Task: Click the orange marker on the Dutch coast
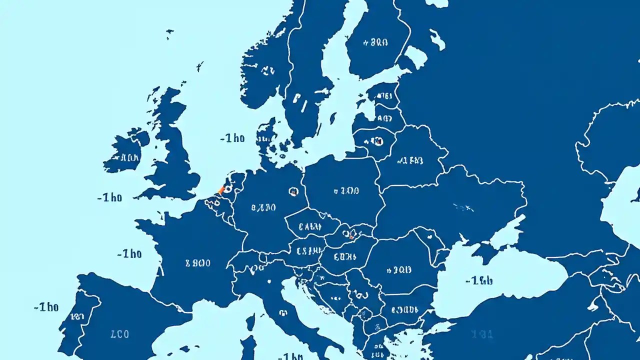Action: (x=221, y=190)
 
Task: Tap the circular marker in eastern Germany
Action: (x=293, y=191)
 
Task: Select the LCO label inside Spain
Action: (x=119, y=334)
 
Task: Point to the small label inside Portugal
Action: (x=77, y=316)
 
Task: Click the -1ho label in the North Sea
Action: (x=232, y=138)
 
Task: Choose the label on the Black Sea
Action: (x=478, y=280)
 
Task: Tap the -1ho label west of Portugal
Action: (x=46, y=307)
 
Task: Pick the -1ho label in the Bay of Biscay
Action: (x=129, y=254)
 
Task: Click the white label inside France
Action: (x=198, y=263)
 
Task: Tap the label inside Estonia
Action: (x=382, y=97)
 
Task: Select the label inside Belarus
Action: (x=410, y=160)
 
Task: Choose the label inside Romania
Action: (x=398, y=270)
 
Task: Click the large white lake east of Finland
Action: (x=415, y=56)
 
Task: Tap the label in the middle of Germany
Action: (x=263, y=207)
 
